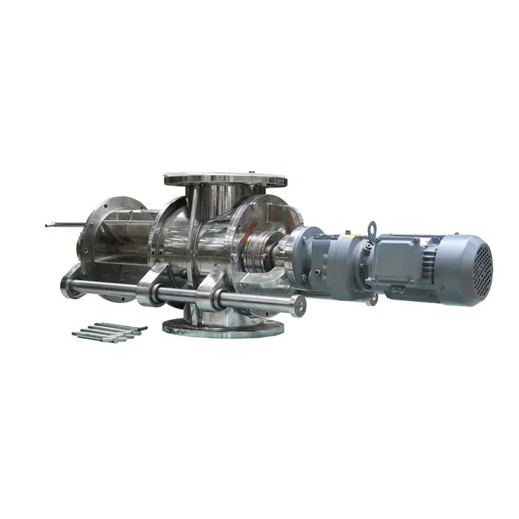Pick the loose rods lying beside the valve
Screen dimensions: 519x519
[107, 332]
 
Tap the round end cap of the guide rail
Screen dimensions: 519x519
[298, 304]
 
